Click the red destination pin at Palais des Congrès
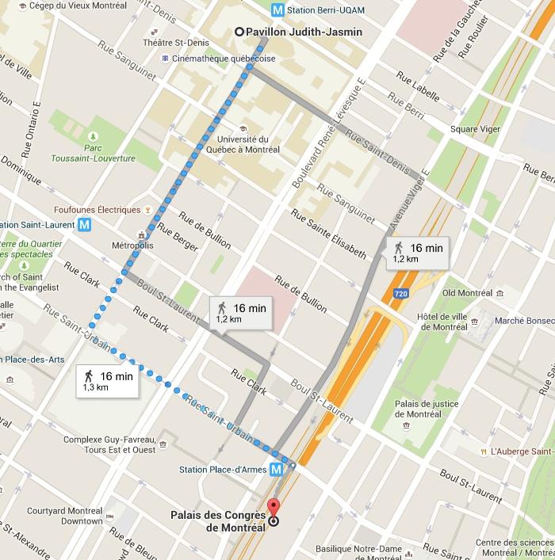click(274, 509)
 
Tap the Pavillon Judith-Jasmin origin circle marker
click(239, 32)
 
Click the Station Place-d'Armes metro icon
click(276, 469)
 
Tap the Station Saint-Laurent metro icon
click(85, 224)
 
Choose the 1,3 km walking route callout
click(108, 381)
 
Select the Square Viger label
click(474, 129)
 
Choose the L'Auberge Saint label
click(521, 451)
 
